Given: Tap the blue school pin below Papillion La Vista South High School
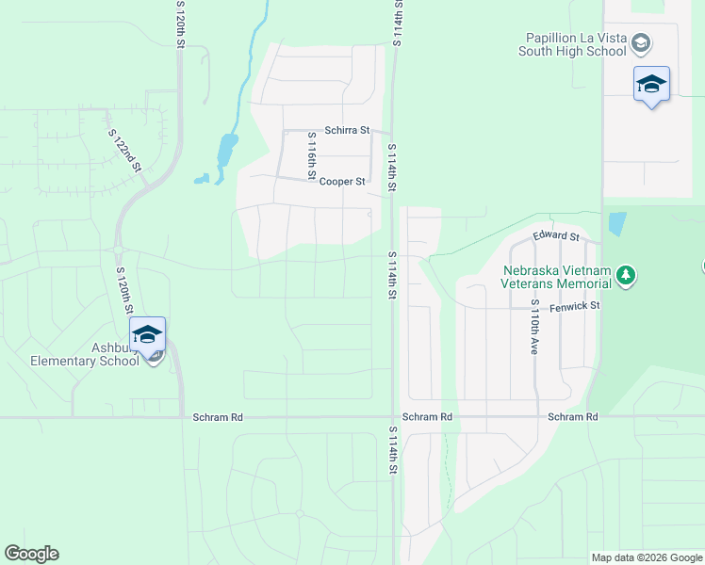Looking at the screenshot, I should tap(651, 85).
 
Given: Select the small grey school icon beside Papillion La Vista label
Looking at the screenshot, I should tap(641, 42).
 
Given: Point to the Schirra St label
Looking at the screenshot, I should tap(346, 131).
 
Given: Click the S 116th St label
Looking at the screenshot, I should tap(311, 154).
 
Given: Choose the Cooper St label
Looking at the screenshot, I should tap(341, 181).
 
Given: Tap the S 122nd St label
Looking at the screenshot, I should tap(125, 151).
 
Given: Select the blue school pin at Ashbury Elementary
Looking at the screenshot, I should tap(147, 336).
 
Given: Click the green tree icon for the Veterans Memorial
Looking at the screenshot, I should tap(626, 276).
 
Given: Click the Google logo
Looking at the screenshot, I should tap(31, 554).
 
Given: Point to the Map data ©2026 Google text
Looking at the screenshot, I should tap(647, 557).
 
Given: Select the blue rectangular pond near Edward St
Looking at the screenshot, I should tap(617, 223).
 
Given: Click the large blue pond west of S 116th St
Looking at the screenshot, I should tap(227, 150).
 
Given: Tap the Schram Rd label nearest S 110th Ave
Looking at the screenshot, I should tap(572, 416).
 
